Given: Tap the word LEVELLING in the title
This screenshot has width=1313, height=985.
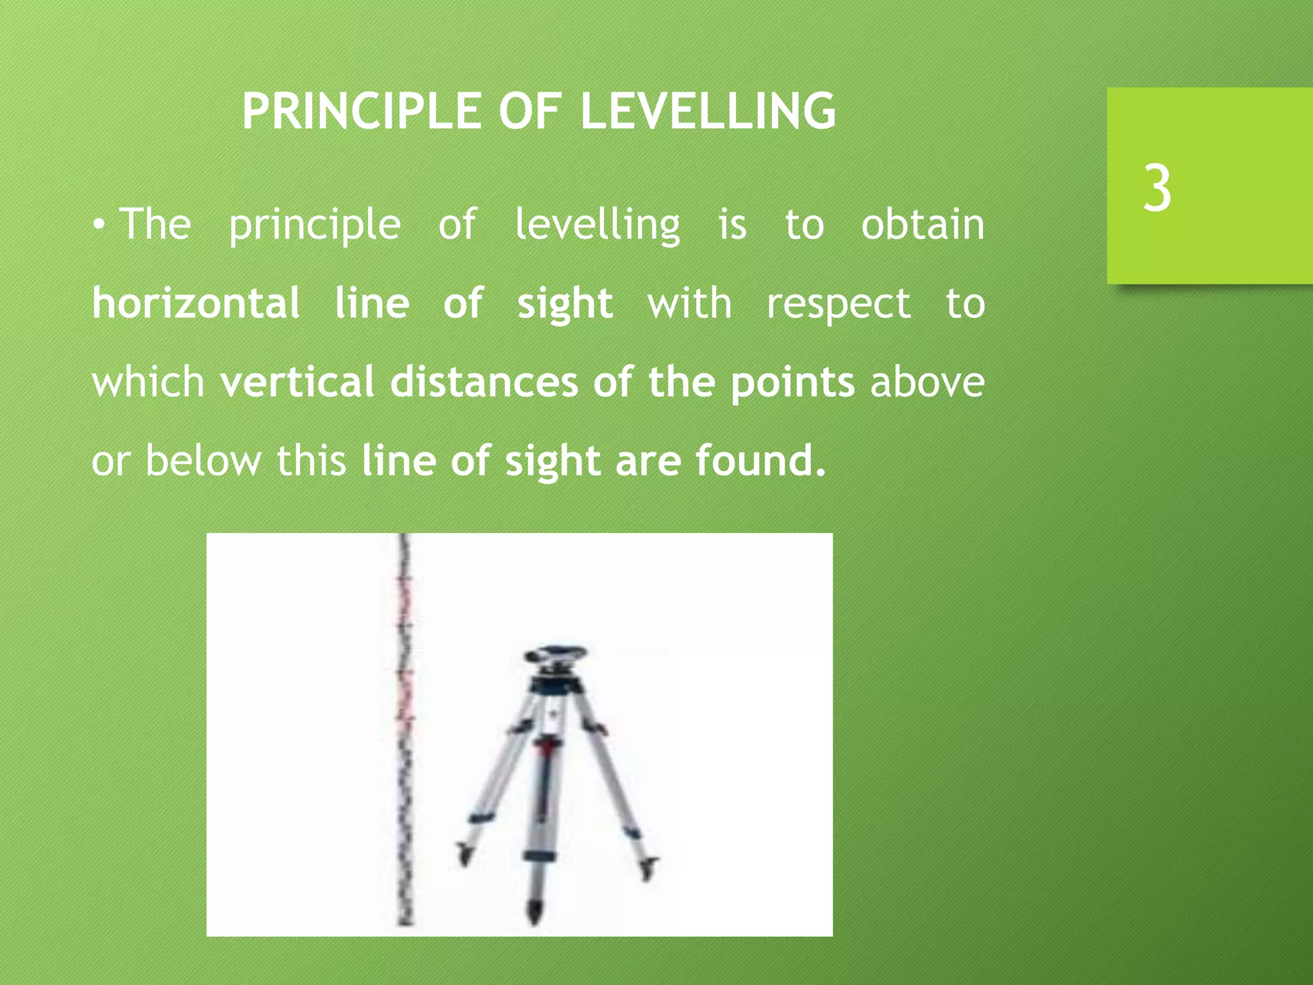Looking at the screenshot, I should [708, 112].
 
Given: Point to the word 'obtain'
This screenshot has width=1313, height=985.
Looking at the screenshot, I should [923, 225].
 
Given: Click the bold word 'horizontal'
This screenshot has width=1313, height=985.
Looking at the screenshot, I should [196, 303].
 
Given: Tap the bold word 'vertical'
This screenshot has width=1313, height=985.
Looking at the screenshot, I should [297, 382].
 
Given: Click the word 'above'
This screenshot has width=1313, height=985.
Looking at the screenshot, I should [927, 382].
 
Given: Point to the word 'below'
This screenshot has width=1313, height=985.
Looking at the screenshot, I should [203, 460].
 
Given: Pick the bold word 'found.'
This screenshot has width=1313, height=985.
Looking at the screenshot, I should [760, 460].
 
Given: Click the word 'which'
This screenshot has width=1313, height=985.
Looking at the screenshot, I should [148, 382].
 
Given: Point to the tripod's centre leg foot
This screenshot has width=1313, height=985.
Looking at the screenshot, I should [535, 911].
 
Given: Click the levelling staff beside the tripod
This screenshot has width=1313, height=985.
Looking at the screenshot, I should [405, 731].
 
